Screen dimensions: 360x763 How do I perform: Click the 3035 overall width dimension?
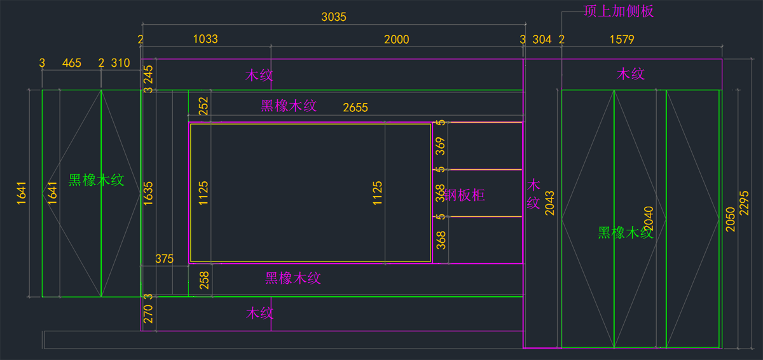334,17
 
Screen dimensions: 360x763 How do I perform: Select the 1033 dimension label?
205,39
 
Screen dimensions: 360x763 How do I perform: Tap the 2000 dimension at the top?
397,39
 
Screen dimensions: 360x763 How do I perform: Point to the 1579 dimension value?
621,39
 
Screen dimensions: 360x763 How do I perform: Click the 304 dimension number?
542,39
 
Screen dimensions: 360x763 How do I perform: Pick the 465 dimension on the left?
71,63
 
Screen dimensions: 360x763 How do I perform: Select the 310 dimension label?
120,63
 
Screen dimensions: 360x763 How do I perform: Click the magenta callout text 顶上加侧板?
619,11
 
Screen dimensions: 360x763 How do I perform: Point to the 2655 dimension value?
355,108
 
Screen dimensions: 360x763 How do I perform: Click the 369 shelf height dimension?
441,146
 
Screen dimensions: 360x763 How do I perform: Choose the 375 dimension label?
164,259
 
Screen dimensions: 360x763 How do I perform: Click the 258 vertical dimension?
204,280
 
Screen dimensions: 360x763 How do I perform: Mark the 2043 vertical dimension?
550,203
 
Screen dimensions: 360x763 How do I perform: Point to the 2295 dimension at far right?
745,203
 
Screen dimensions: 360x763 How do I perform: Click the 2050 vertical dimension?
731,219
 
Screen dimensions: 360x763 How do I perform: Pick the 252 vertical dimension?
203,106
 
